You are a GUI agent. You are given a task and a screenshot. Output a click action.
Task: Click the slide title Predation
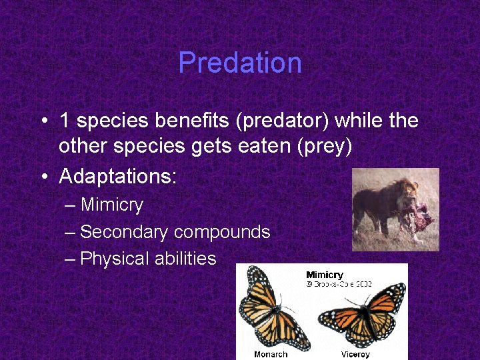(240, 63)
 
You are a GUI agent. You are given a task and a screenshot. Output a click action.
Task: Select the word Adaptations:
(118, 177)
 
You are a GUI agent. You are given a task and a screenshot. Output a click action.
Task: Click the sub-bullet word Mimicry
(111, 205)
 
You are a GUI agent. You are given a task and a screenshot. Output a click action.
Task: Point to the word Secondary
(124, 232)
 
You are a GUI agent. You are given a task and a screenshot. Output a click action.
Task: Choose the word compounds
(222, 232)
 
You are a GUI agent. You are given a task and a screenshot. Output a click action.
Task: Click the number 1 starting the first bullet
(65, 121)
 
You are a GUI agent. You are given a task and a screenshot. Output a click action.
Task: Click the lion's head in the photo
(405, 193)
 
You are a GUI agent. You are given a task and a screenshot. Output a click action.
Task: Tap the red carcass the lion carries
(419, 217)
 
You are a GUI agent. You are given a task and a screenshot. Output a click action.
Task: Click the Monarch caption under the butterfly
(270, 354)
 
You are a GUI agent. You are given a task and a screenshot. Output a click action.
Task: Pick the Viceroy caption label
(355, 354)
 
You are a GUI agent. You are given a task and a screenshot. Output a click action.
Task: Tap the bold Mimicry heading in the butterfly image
(325, 275)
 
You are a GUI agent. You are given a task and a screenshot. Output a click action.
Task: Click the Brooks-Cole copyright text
(339, 283)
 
